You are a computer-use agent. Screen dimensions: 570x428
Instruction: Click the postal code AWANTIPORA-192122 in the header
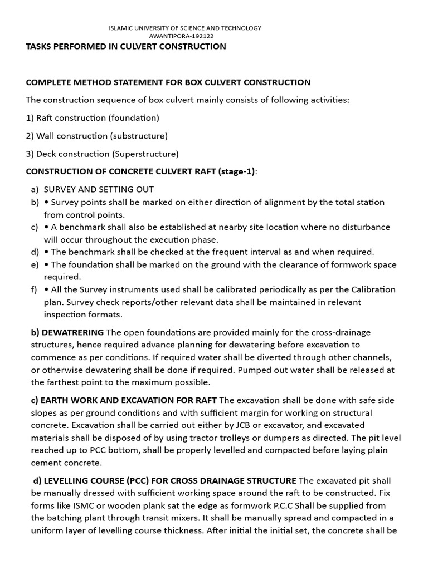coord(184,36)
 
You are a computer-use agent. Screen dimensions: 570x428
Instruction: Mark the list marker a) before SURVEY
coord(35,190)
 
